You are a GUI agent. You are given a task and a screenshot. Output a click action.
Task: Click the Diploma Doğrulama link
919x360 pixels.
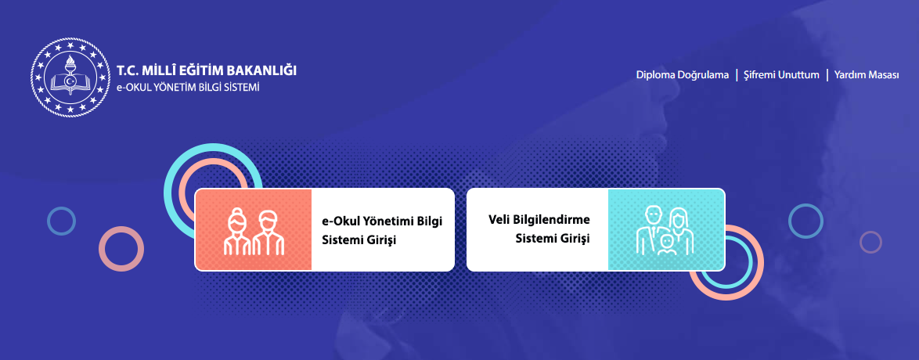[683, 75]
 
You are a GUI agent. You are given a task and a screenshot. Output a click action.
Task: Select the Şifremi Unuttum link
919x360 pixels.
[781, 75]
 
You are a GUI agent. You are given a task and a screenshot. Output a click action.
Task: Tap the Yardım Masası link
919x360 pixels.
[867, 75]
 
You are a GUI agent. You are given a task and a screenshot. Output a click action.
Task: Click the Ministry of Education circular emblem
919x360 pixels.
[70, 77]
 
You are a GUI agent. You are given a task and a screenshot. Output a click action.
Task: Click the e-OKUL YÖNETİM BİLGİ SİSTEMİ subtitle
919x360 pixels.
[188, 88]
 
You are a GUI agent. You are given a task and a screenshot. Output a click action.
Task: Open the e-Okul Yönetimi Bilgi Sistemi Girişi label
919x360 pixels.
[382, 230]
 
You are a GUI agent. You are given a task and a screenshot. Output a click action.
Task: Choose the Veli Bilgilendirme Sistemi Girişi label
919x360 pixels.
[539, 229]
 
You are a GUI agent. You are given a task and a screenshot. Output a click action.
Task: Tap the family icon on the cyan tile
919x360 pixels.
[665, 230]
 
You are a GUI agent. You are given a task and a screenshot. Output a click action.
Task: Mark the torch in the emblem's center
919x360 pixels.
[70, 69]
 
